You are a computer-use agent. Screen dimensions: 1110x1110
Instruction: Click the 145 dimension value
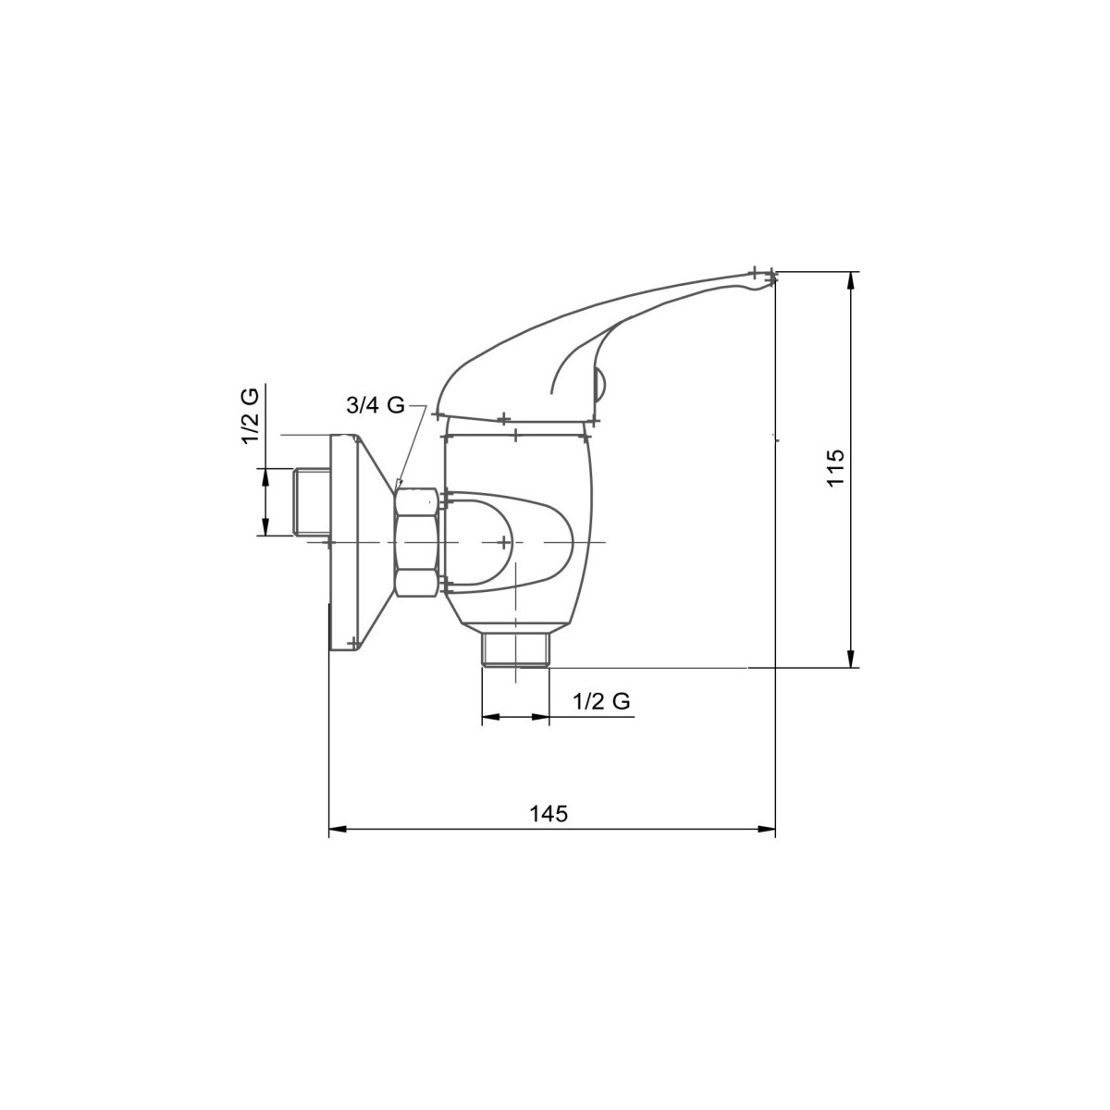[x=549, y=813]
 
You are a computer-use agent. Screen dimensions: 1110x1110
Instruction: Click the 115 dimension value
[x=834, y=468]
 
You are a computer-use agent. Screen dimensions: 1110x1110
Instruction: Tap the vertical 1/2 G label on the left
[x=251, y=416]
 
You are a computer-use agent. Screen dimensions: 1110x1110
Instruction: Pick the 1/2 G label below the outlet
[x=601, y=701]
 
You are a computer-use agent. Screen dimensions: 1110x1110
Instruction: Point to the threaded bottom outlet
[x=516, y=649]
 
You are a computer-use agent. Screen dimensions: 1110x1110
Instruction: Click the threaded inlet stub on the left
[x=311, y=502]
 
